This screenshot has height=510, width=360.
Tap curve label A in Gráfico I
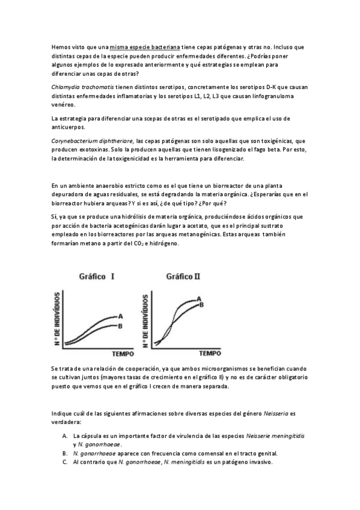coord(120,316)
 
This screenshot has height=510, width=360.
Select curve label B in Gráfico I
coord(120,326)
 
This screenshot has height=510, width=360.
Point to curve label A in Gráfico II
coord(199,298)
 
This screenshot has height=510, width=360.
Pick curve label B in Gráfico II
coord(203,305)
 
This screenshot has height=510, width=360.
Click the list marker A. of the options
coord(64,434)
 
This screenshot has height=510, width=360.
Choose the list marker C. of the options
coord(64,462)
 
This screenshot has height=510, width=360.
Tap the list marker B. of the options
coord(64,453)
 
